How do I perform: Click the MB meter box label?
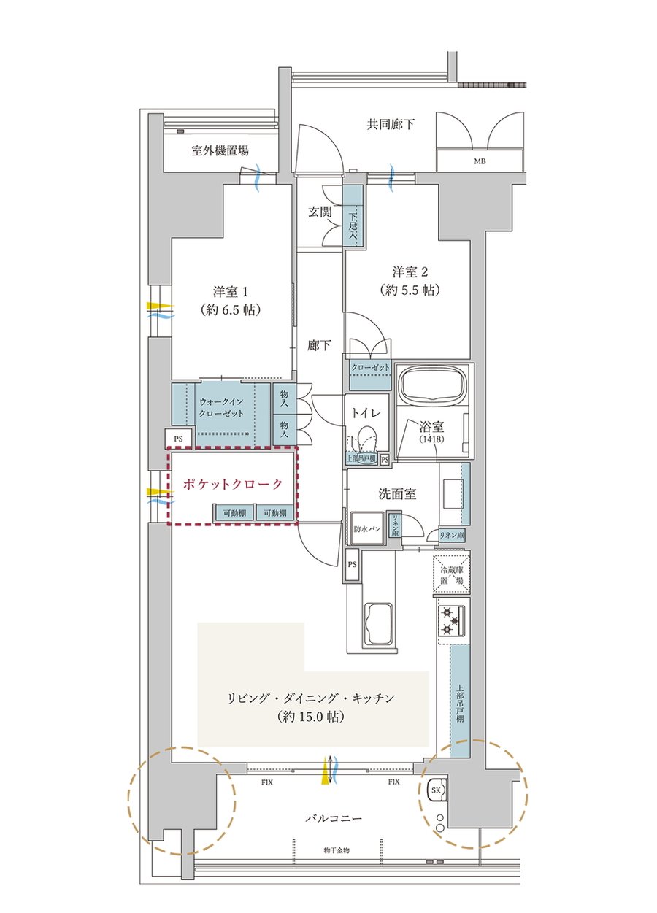click(x=480, y=161)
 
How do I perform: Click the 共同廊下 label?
click(x=391, y=124)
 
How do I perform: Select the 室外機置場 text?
click(x=220, y=151)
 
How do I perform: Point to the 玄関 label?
click(x=320, y=212)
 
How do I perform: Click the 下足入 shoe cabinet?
click(x=353, y=215)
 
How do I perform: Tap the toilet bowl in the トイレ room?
click(x=366, y=439)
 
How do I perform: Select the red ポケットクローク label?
click(x=232, y=484)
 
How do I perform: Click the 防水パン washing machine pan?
click(x=366, y=528)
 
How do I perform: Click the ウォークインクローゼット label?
click(x=221, y=407)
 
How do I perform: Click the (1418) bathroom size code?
click(x=431, y=439)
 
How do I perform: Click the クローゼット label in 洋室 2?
click(x=370, y=367)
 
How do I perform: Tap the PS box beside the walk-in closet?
click(x=179, y=439)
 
